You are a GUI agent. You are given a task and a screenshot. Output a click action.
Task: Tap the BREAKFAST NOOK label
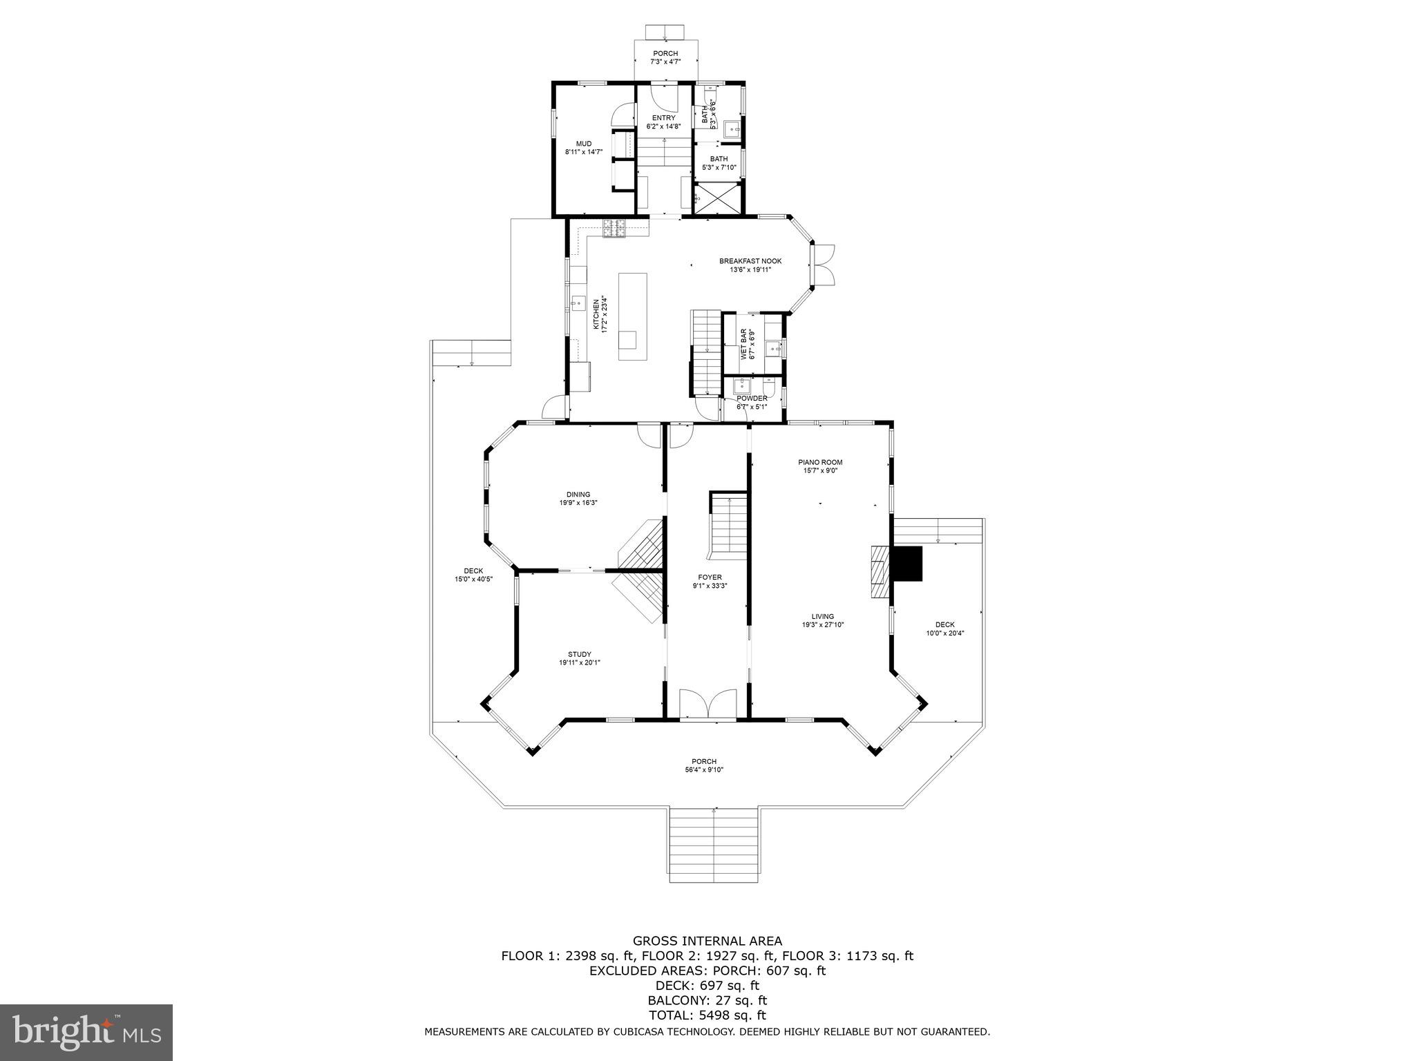750,261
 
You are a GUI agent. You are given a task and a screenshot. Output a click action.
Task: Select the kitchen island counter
633,316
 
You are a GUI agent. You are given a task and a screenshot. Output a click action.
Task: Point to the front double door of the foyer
707,704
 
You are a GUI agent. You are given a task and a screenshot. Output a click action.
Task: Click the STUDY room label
579,654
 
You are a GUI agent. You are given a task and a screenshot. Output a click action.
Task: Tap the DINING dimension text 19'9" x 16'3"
578,503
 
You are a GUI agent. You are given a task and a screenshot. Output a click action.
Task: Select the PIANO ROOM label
820,462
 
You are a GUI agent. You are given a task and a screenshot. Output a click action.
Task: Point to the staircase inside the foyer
730,524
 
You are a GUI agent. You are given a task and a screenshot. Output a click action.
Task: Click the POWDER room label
752,399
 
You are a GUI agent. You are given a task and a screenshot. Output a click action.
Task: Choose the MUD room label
584,144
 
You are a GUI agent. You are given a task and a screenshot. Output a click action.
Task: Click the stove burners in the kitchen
614,228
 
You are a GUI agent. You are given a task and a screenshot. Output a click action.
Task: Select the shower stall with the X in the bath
718,199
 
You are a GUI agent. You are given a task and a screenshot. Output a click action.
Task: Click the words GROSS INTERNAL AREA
707,941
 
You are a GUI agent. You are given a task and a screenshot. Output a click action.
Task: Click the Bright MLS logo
86,1032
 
